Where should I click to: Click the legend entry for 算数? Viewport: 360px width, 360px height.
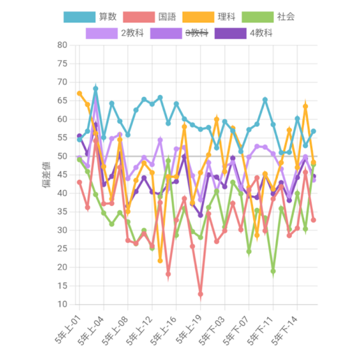(90, 17)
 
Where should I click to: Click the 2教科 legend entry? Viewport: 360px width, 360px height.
(115, 33)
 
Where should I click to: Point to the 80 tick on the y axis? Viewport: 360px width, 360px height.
(62, 45)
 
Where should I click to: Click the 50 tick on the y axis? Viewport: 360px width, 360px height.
(62, 156)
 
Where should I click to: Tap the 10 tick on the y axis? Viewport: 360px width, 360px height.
(62, 305)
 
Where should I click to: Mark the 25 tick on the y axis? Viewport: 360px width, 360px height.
(62, 249)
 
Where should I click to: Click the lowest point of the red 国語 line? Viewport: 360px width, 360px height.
(200, 294)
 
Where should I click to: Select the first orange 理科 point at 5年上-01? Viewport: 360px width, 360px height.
(80, 93)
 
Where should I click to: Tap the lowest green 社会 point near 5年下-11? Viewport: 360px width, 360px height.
(273, 271)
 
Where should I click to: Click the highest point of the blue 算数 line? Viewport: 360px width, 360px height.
(95, 89)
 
